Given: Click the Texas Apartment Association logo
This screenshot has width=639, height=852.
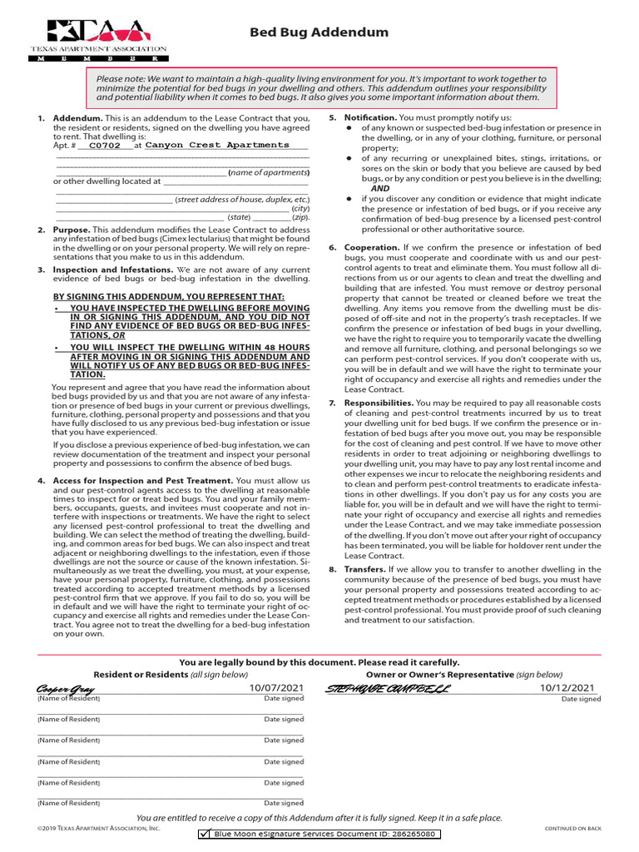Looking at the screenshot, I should tap(99, 39).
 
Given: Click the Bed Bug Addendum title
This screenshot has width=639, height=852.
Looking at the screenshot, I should tap(319, 32).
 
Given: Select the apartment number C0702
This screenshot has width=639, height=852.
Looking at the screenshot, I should tap(104, 145).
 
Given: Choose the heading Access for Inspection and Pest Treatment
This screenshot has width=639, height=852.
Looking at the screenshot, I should tap(143, 481).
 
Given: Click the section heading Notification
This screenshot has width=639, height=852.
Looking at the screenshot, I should tap(370, 117).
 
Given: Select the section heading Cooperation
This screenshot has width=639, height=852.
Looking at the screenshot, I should tap(371, 247).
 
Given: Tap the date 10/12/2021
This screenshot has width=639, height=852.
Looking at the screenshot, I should tap(567, 688).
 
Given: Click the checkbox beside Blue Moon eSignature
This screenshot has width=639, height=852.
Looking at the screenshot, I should tap(204, 834).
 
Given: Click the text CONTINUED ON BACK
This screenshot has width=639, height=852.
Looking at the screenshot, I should tap(573, 829).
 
